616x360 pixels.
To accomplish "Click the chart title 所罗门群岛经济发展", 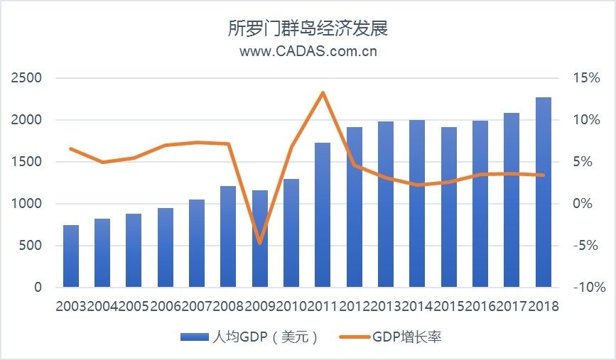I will coord(308,28).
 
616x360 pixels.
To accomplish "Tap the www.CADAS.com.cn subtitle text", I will coord(308,51).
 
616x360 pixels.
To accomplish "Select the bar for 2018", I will coord(543,192).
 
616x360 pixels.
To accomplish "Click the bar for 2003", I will coord(71,256).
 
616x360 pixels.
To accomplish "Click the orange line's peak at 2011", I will coord(323,92).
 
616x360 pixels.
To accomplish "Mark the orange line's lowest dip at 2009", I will coord(260,244).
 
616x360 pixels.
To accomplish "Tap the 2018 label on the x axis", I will coord(544,306).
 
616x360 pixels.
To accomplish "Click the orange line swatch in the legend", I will coord(352,337).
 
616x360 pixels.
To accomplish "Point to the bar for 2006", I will coord(166,248).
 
